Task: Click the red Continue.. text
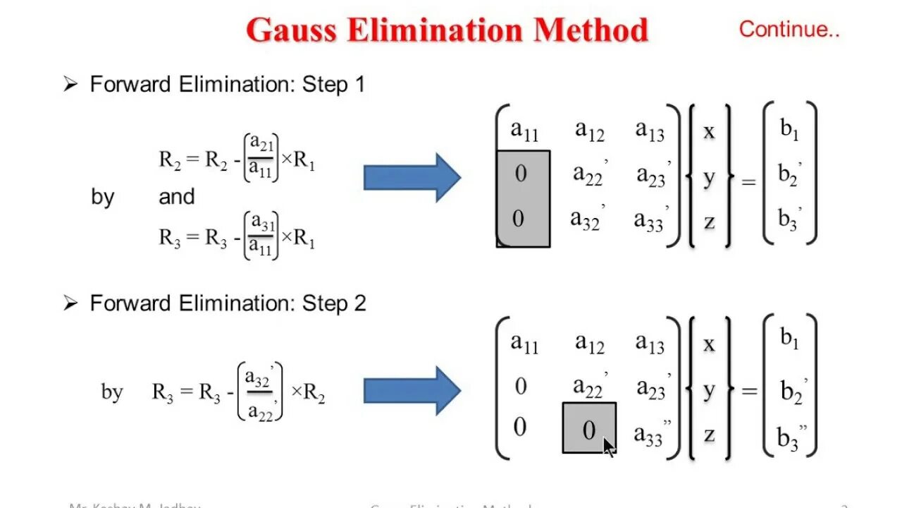(789, 30)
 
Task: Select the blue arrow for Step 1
(412, 178)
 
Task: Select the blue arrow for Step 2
(412, 390)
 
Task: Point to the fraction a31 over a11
(261, 236)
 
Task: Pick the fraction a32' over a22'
(259, 392)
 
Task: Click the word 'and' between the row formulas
(176, 197)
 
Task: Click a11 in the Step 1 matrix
(524, 131)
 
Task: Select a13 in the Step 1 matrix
(649, 131)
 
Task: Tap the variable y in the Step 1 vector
(709, 177)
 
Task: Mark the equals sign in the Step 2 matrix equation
(748, 390)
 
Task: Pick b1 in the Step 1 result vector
(789, 131)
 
